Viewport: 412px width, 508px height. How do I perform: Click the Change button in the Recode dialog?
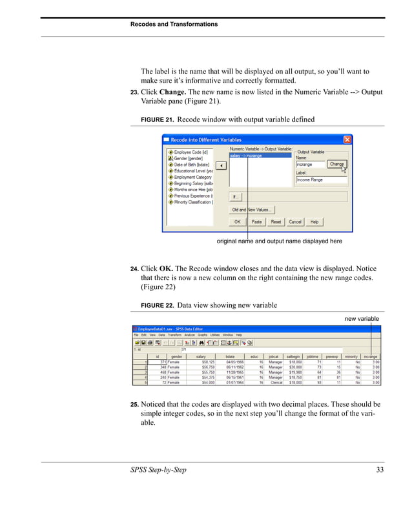click(x=336, y=165)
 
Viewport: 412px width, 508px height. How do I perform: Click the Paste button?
click(x=256, y=221)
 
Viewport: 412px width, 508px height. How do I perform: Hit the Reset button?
click(x=276, y=221)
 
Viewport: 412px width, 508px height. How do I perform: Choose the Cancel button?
click(x=295, y=221)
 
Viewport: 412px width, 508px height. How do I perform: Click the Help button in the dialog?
click(x=314, y=221)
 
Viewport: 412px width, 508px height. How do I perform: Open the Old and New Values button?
click(x=252, y=209)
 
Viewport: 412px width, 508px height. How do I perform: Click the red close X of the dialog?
click(x=347, y=139)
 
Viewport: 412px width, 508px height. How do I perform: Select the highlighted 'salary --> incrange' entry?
click(x=246, y=156)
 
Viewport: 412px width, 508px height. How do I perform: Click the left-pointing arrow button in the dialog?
click(x=220, y=165)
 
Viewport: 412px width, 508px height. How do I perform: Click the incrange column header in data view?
click(x=371, y=356)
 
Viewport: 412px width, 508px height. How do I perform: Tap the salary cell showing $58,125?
click(x=196, y=362)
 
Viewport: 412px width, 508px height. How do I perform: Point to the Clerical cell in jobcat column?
click(x=274, y=383)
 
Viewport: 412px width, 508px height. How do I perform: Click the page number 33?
click(x=380, y=469)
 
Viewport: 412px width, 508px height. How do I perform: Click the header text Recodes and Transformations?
click(x=174, y=25)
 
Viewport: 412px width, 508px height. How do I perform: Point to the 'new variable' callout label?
click(x=362, y=319)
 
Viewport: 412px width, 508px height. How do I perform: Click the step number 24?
click(x=134, y=268)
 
